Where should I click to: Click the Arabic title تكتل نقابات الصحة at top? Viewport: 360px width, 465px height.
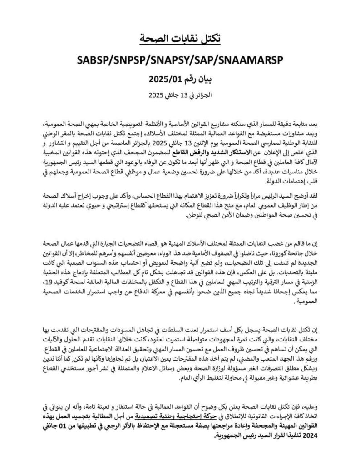click(x=180, y=39)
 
